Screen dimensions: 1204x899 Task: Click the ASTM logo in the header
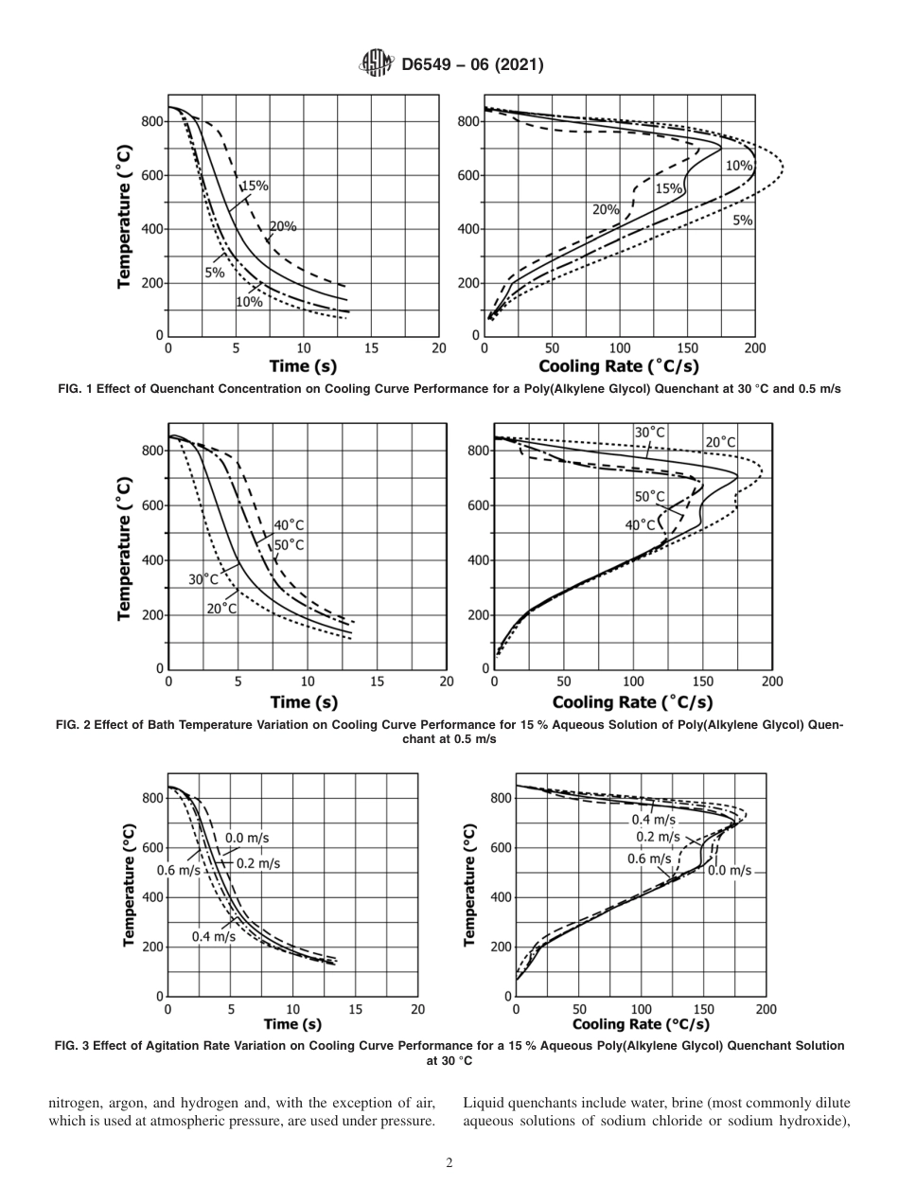(x=376, y=64)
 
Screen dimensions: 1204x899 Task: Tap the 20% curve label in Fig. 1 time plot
(x=283, y=226)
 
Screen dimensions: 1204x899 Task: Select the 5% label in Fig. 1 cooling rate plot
(x=742, y=220)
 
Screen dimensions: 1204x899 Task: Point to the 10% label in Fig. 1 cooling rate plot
(x=738, y=166)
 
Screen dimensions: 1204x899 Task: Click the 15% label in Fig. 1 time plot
(x=256, y=186)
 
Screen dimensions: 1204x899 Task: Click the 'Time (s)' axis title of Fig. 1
(x=303, y=366)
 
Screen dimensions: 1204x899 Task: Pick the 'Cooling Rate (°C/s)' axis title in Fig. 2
(x=632, y=701)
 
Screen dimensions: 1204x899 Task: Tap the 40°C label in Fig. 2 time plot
(x=290, y=525)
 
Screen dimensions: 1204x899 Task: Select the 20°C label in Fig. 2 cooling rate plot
(x=719, y=442)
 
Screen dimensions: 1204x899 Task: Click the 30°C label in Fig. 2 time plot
(x=203, y=579)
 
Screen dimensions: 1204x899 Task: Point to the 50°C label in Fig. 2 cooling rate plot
(x=649, y=496)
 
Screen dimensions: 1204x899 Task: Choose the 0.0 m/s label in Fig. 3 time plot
(x=247, y=838)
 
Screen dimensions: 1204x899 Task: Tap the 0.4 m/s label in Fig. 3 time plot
(x=213, y=936)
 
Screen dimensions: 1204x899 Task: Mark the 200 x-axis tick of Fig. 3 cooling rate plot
(x=766, y=1009)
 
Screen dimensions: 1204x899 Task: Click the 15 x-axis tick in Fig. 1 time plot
(x=371, y=348)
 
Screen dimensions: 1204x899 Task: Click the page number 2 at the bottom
(x=449, y=1163)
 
